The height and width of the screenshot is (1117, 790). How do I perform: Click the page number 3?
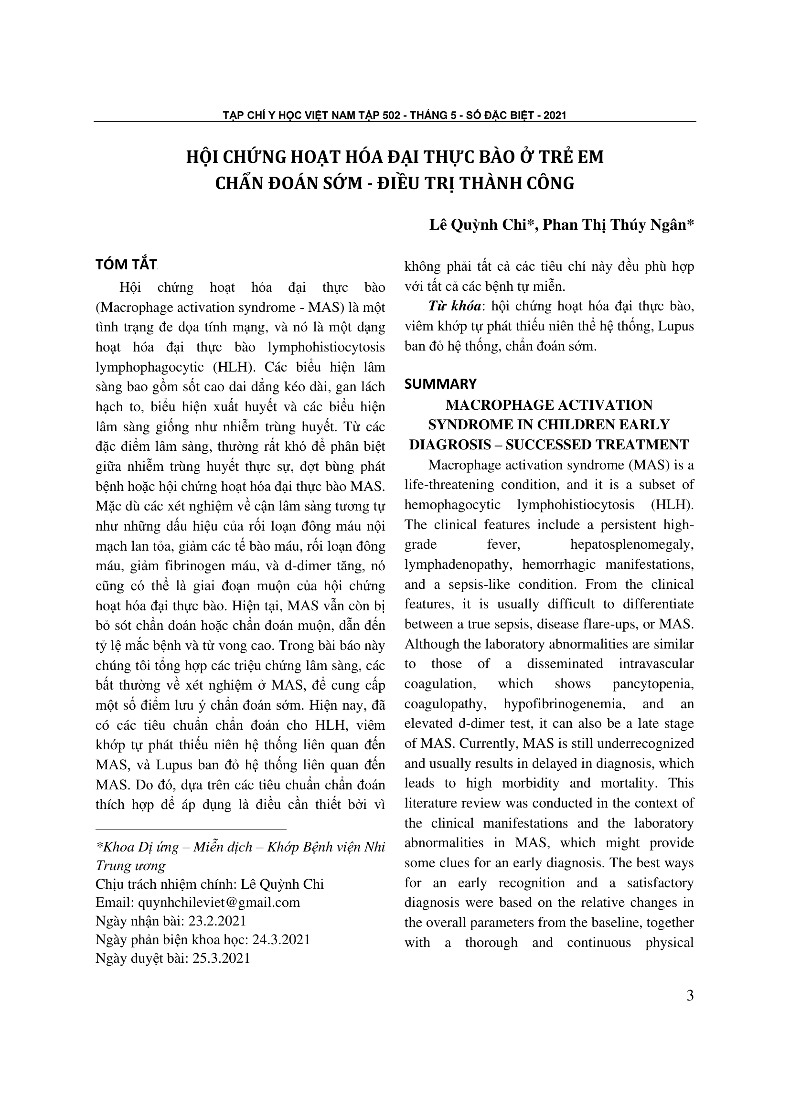tap(690, 995)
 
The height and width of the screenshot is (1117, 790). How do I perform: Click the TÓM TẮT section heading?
tap(126, 265)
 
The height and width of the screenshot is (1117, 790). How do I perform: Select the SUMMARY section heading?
tap(440, 384)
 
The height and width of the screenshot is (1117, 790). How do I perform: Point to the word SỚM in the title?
tap(343, 183)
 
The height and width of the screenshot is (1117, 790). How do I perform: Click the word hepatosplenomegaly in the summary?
tap(632, 544)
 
